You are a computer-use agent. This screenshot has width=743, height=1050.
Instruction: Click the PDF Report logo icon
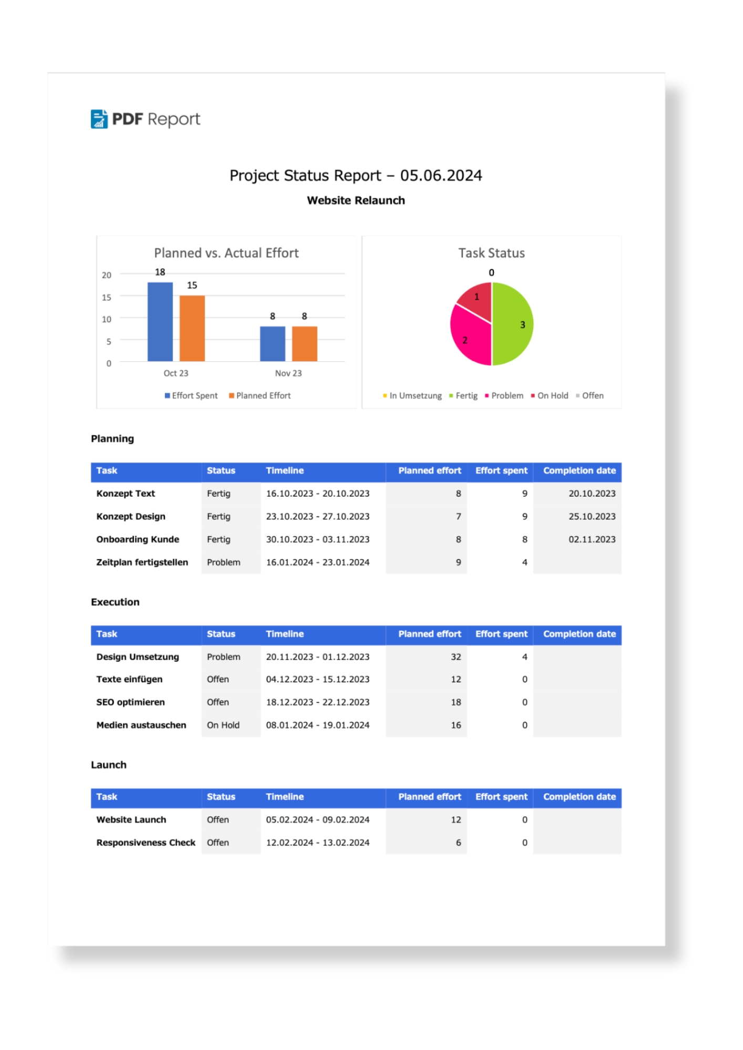click(99, 119)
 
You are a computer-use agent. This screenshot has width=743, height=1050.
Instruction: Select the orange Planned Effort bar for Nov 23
click(304, 344)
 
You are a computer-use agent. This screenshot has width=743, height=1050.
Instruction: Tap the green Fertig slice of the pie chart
click(512, 324)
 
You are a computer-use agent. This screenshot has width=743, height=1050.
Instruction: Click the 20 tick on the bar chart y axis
click(107, 275)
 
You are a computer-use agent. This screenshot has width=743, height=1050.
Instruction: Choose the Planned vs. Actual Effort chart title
click(226, 253)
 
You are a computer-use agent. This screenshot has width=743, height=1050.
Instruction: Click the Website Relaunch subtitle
click(356, 201)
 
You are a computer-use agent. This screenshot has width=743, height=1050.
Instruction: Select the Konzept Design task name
click(131, 517)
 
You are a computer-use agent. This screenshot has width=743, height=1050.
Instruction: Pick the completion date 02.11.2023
click(592, 539)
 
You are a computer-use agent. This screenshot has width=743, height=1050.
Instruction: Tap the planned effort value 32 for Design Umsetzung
click(456, 657)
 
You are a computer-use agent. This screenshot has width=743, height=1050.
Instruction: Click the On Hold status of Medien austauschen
click(223, 725)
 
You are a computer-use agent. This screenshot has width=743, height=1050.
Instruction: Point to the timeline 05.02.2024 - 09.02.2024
click(317, 820)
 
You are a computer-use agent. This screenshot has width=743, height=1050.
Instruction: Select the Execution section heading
click(115, 602)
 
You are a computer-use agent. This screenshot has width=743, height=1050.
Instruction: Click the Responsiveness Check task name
click(146, 843)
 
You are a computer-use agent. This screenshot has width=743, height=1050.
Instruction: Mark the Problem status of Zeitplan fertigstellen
click(223, 562)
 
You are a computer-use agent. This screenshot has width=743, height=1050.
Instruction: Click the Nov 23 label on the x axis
click(288, 373)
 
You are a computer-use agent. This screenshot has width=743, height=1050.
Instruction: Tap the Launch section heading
click(109, 765)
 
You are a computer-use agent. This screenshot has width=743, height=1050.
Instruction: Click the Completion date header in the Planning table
click(579, 471)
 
